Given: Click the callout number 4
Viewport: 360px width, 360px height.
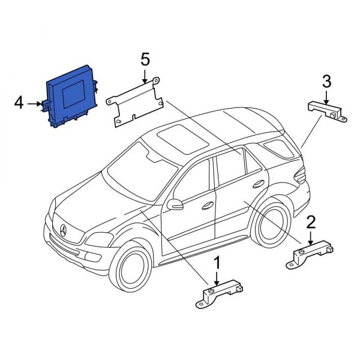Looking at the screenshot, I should click(19, 104).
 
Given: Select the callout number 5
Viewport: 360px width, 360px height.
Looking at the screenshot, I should click(145, 59).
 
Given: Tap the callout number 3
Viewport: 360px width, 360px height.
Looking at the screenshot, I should click(326, 80).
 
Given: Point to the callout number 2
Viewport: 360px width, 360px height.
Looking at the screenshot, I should click(311, 223).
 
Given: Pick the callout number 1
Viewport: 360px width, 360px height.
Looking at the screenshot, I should click(217, 263).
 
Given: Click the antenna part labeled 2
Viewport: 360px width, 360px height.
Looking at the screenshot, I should click(312, 253).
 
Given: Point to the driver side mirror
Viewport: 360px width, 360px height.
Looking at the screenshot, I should click(175, 205).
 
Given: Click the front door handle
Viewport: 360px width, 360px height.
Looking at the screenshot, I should click(208, 205).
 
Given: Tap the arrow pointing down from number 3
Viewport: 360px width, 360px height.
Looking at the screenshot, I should click(326, 96).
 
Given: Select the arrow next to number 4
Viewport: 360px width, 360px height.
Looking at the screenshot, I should click(35, 104).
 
